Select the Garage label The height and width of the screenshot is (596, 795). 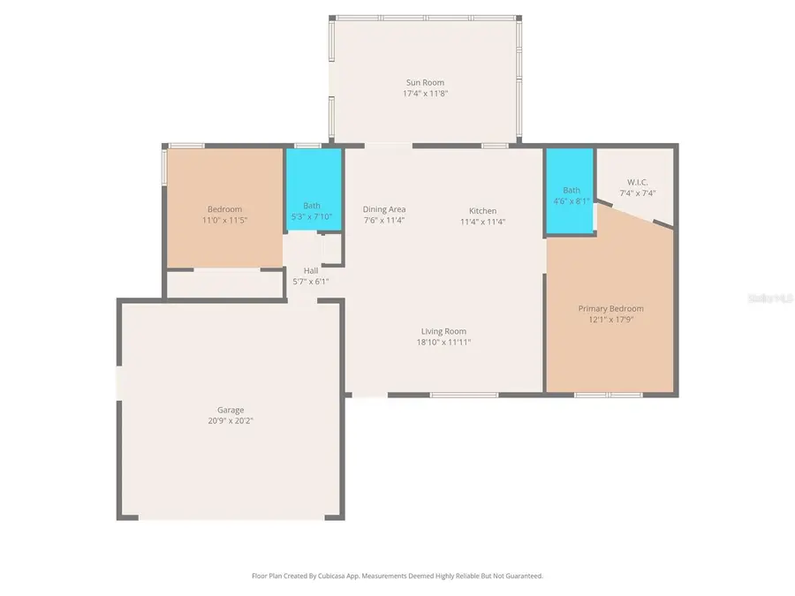[x=231, y=410]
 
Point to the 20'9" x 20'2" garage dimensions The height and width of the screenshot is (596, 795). [x=231, y=421]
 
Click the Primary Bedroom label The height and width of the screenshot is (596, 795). [x=610, y=308]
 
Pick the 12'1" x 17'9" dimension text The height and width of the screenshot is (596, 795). [x=610, y=320]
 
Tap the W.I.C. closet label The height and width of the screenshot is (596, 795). [x=638, y=182]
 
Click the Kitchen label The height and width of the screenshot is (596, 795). [x=482, y=211]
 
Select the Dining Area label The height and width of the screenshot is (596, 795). [x=384, y=209]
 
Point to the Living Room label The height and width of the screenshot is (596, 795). [x=443, y=331]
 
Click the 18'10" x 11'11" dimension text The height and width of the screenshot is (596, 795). [x=443, y=343]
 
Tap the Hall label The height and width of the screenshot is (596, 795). [x=311, y=270]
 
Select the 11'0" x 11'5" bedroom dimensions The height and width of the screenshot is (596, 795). [x=225, y=220]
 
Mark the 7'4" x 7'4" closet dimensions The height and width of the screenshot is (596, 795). [x=638, y=192]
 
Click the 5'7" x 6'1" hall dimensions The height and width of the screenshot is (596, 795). [x=311, y=282]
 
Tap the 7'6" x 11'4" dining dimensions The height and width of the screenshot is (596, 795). [x=384, y=221]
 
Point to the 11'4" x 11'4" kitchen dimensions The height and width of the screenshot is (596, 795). [x=482, y=223]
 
